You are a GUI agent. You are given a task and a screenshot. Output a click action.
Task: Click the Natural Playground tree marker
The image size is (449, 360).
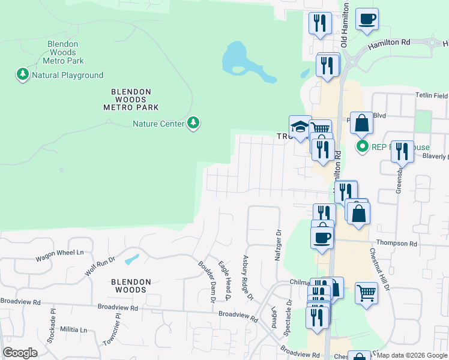[x=23, y=75]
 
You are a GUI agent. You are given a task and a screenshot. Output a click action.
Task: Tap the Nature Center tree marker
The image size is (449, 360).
[x=193, y=124]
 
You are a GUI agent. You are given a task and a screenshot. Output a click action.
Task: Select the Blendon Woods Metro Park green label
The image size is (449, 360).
[x=65, y=52]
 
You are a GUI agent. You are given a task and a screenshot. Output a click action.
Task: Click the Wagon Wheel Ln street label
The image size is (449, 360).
[x=59, y=256]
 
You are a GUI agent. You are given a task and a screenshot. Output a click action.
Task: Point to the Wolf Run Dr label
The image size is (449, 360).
[x=99, y=265]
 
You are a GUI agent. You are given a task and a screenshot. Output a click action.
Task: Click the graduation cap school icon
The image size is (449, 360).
[x=300, y=126]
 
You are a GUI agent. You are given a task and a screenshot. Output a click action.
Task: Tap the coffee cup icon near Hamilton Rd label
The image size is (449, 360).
[x=367, y=19]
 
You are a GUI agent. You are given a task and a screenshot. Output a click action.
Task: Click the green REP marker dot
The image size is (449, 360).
[x=362, y=146]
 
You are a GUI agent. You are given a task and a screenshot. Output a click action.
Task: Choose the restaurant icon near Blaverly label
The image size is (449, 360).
[x=402, y=151]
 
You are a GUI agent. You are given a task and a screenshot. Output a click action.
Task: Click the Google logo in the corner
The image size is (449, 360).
[x=20, y=353]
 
